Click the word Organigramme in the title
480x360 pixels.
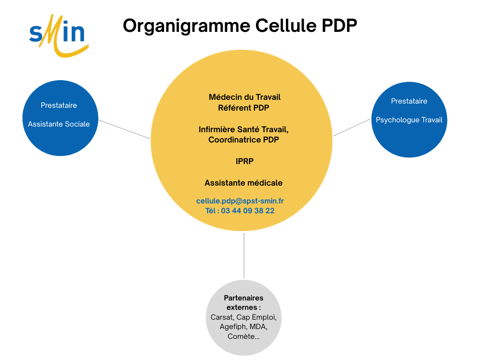(x=187, y=25)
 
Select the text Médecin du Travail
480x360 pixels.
(x=244, y=97)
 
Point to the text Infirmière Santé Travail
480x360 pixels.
(x=243, y=129)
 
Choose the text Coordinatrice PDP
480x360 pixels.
(x=244, y=140)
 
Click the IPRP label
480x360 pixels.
(x=244, y=161)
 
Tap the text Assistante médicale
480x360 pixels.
(x=244, y=183)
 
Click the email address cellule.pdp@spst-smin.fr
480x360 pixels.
(x=240, y=201)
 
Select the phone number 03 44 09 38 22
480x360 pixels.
(x=247, y=211)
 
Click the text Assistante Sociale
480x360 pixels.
(x=59, y=124)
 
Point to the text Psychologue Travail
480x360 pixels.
(x=409, y=120)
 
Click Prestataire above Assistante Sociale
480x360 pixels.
(x=59, y=105)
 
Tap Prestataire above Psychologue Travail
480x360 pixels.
(x=409, y=101)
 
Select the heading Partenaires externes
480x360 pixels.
(x=243, y=303)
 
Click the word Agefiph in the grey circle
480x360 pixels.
(x=232, y=327)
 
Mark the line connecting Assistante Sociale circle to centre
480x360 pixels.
(x=125, y=129)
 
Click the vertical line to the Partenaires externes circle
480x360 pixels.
(x=244, y=255)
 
